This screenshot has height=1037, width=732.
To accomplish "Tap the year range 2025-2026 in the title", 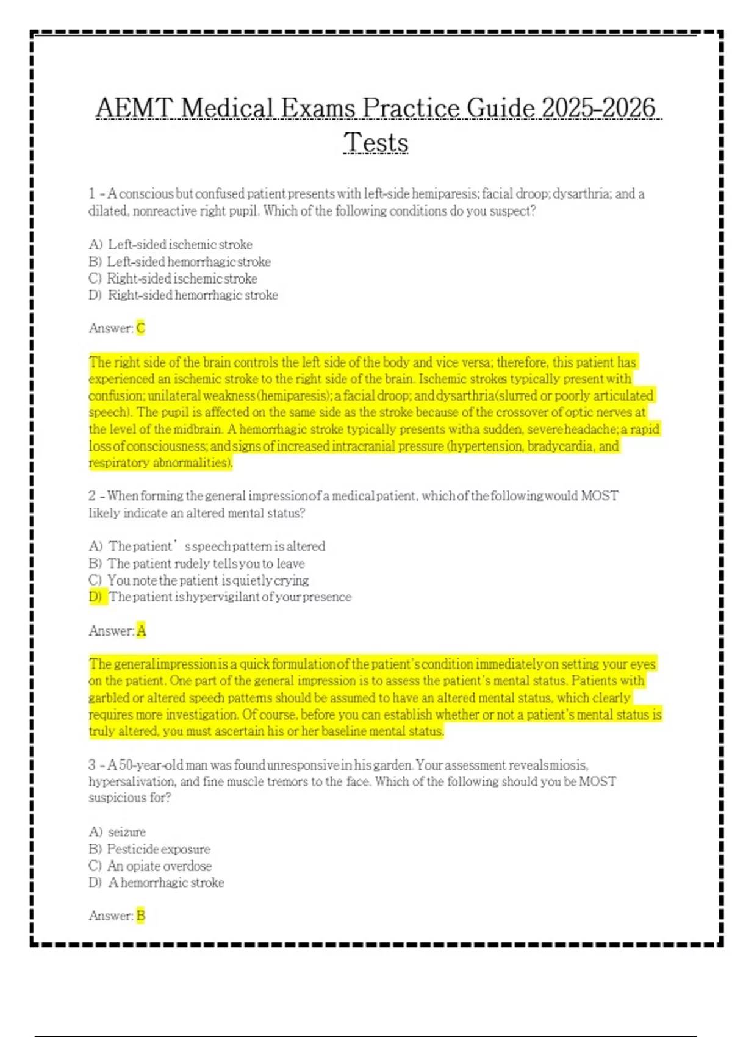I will (598, 108).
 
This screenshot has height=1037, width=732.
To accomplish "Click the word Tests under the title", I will (376, 143).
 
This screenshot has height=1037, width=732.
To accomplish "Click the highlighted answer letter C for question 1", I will (141, 328).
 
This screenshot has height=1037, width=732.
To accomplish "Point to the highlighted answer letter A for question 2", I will (142, 631).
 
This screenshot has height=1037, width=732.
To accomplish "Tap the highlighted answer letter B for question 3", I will (141, 916).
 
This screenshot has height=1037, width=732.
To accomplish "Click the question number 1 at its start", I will (92, 194).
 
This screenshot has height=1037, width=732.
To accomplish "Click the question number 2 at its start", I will (92, 496).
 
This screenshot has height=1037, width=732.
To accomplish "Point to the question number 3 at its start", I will (92, 765).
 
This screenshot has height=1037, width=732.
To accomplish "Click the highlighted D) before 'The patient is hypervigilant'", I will (96, 597).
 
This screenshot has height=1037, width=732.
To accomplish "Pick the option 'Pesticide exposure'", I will (159, 849).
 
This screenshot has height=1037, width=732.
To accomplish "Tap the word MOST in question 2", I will (599, 496).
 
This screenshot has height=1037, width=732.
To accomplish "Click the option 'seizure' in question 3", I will (127, 832).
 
